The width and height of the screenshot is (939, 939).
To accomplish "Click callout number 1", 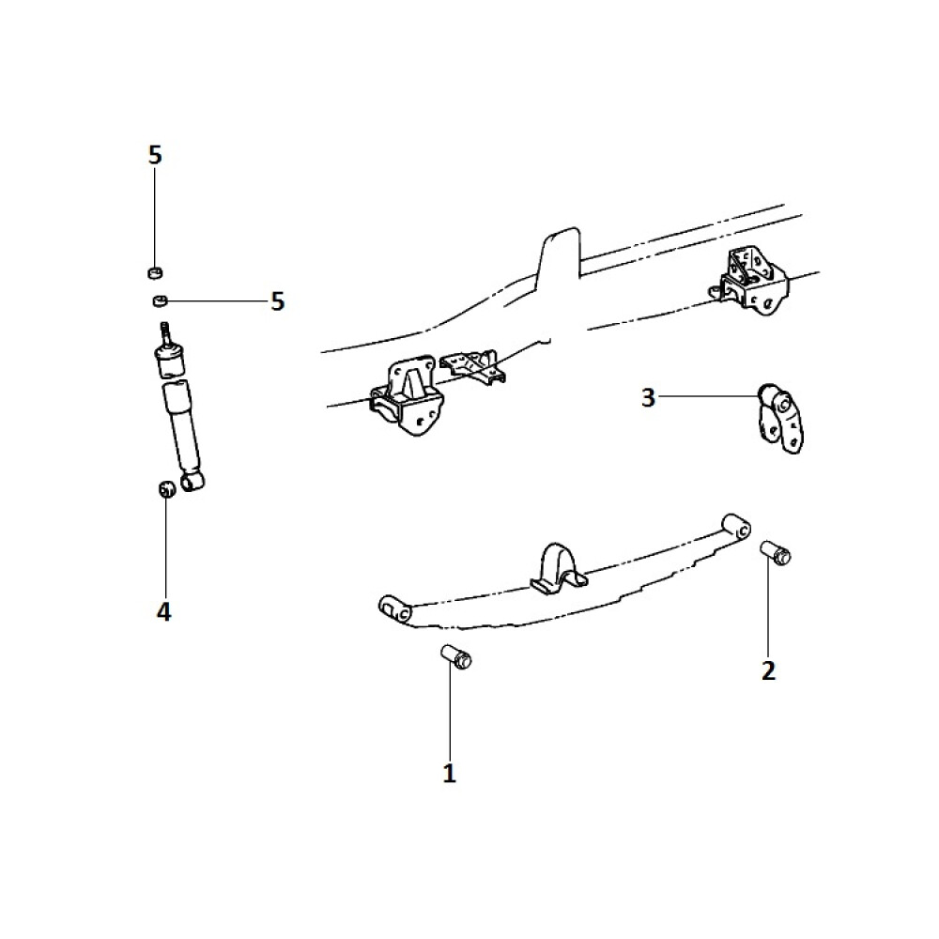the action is coord(449,773).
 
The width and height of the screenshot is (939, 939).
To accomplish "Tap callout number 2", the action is coord(768,670).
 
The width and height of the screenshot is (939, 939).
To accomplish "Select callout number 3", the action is coord(648,397).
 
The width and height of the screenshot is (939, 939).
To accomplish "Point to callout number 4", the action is coord(163,612).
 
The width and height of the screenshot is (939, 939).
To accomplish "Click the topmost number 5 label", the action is coord(155,155).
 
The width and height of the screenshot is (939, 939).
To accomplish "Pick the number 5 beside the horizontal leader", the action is coord(277,301).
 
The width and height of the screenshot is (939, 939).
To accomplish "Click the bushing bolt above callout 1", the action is coord(456,657).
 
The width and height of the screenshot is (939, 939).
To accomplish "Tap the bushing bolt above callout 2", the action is coord(776,553).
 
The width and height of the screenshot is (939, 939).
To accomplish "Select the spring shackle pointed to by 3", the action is coord(779,418).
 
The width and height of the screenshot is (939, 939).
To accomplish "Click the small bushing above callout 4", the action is coord(166,488).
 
